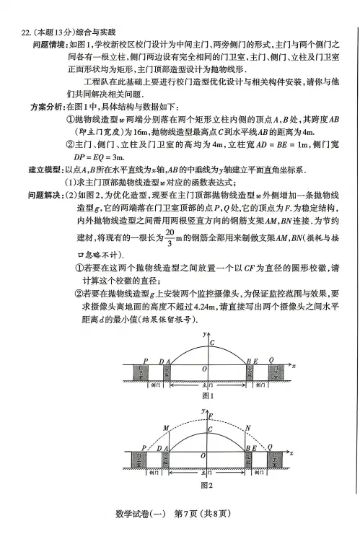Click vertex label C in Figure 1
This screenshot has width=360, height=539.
[211, 342]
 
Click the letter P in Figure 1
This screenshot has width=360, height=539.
[145, 359]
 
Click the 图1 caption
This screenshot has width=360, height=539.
[207, 395]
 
